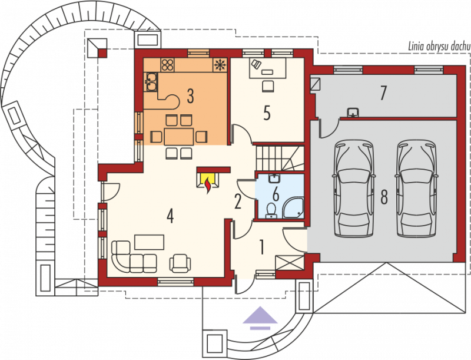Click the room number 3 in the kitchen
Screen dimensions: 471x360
click(190, 96)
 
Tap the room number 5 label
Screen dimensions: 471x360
click(267, 113)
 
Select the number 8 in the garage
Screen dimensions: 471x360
click(384, 197)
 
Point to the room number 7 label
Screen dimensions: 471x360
click(383, 93)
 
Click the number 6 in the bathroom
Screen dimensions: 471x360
click(276, 194)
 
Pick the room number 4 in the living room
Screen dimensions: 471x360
click(170, 216)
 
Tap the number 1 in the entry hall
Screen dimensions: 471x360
click(262, 247)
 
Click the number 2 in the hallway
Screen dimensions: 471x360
click(238, 202)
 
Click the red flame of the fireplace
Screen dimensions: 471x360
click(208, 185)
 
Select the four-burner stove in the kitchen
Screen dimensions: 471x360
click(168, 65)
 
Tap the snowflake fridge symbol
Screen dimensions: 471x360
click(220, 65)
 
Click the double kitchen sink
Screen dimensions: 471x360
click(151, 82)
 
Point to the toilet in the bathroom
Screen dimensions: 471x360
click(271, 210)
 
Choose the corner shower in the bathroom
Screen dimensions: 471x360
click(293, 207)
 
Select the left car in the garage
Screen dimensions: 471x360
click(354, 188)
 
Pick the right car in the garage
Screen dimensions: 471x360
click(416, 188)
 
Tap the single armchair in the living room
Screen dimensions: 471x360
click(180, 263)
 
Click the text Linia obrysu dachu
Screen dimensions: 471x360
click(439, 47)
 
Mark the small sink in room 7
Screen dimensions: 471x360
click(353, 112)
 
